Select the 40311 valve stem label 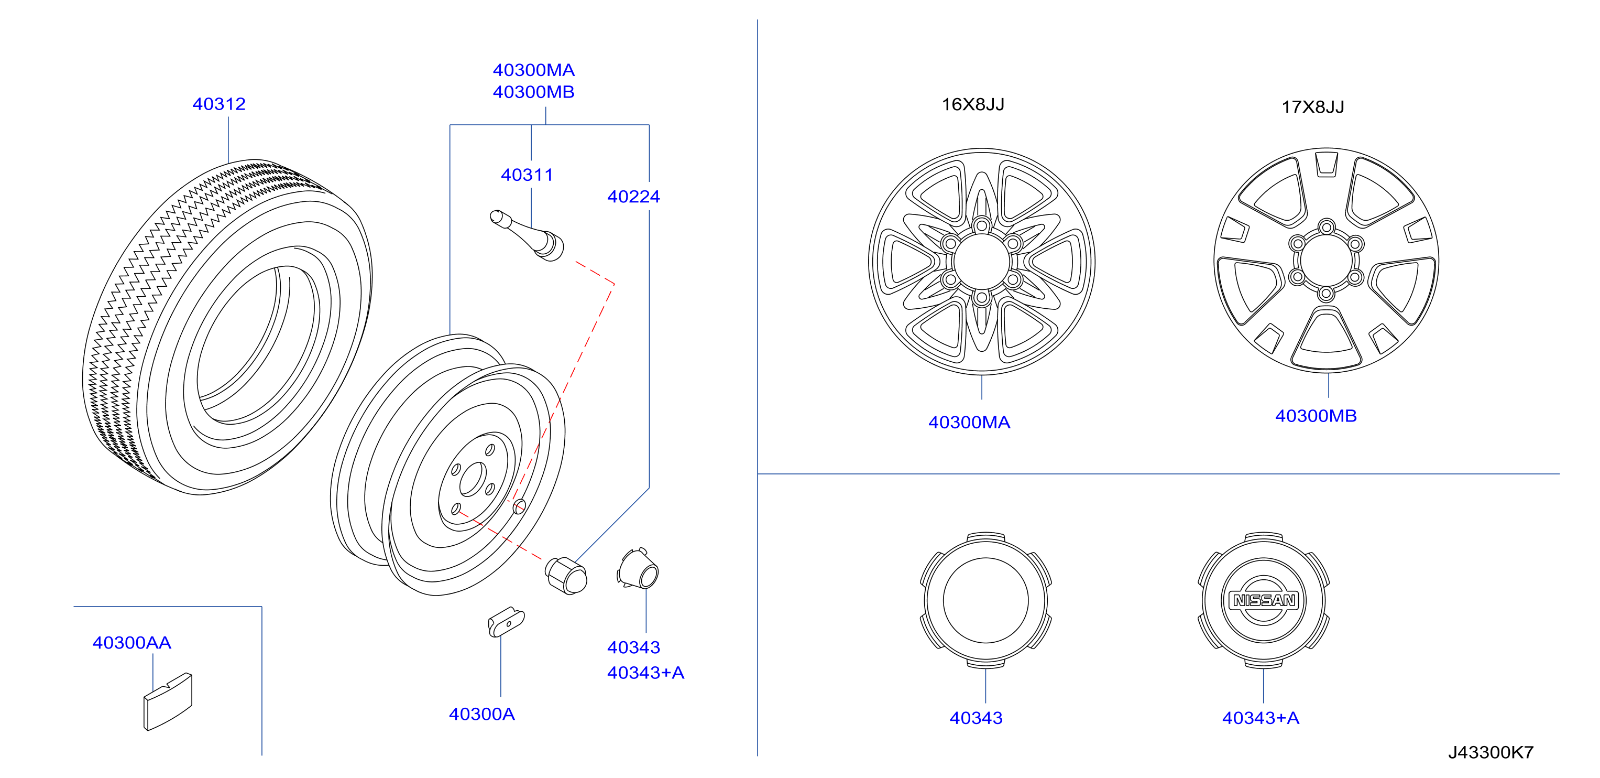(527, 175)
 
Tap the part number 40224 (633, 197)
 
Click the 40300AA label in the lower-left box (131, 643)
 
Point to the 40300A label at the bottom (482, 714)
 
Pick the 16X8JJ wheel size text (973, 104)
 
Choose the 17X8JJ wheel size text (1313, 107)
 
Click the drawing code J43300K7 (1491, 752)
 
